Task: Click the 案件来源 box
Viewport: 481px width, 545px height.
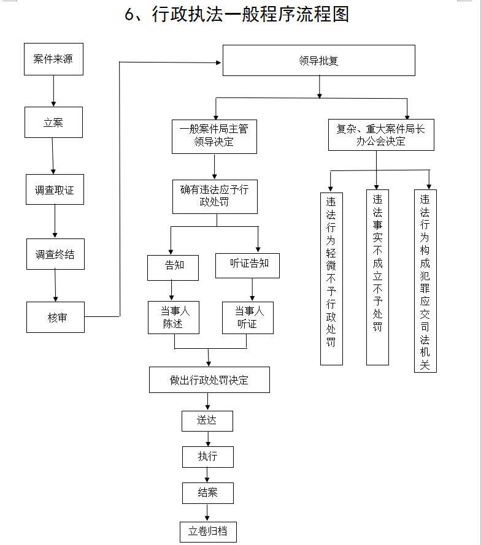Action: (x=53, y=59)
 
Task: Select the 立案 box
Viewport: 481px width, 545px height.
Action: (x=53, y=123)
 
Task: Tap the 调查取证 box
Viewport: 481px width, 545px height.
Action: (x=55, y=189)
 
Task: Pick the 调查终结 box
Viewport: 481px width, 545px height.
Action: (x=55, y=254)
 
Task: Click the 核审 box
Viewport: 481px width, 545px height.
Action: (x=55, y=317)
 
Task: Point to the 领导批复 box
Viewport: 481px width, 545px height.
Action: (x=318, y=61)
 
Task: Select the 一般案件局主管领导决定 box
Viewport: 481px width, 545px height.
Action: (x=214, y=136)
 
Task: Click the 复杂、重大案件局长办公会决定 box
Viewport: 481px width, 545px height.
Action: (x=381, y=135)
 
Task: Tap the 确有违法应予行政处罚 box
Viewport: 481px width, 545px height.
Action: (x=214, y=196)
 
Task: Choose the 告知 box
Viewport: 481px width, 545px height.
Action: (x=174, y=265)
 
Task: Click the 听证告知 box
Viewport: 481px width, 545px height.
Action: (x=247, y=265)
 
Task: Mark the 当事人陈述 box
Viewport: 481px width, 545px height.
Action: (x=174, y=318)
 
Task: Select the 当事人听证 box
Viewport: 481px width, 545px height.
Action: (x=247, y=318)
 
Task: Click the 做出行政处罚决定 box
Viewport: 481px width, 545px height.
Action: (x=209, y=380)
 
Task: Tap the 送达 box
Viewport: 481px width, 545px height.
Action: (x=207, y=421)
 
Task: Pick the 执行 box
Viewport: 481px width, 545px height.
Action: (x=207, y=457)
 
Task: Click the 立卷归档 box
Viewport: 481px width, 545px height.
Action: (x=212, y=531)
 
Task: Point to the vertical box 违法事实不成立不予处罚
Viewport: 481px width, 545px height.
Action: (x=377, y=277)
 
